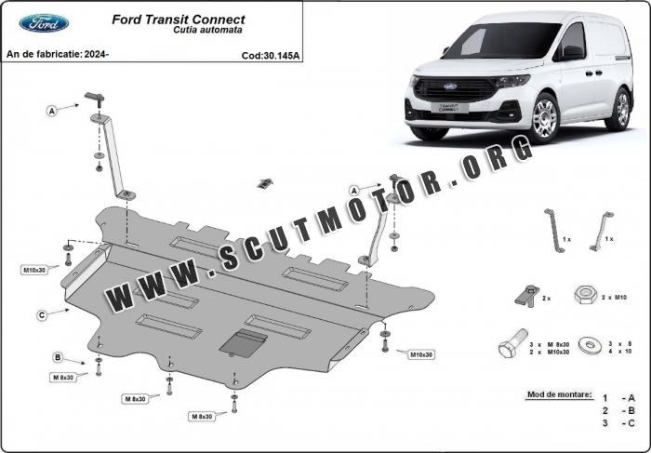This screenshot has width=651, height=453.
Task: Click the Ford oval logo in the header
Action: tap(44, 23)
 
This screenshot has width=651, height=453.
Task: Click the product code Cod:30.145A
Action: tap(271, 56)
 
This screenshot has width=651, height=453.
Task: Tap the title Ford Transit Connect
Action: tap(179, 20)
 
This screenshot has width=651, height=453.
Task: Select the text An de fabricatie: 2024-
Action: tap(58, 54)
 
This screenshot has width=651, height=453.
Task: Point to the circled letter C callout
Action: tap(42, 315)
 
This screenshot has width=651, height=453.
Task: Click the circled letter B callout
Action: tap(58, 357)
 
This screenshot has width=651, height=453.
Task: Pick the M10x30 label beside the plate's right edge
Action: tap(421, 355)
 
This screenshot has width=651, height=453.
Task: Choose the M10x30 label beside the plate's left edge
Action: tap(34, 271)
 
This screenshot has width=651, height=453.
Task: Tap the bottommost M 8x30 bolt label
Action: tap(202, 417)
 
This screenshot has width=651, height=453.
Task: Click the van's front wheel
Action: tap(544, 117)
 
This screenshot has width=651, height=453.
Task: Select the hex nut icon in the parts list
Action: tap(586, 295)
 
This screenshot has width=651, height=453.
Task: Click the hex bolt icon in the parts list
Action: tap(513, 343)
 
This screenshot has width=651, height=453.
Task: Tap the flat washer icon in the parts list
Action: tap(590, 345)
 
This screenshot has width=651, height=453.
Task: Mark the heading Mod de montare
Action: tap(560, 394)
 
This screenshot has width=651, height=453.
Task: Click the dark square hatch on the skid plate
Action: tap(243, 344)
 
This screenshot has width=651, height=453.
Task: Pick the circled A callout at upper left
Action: tap(51, 111)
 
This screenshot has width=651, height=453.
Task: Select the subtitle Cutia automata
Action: tap(207, 30)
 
